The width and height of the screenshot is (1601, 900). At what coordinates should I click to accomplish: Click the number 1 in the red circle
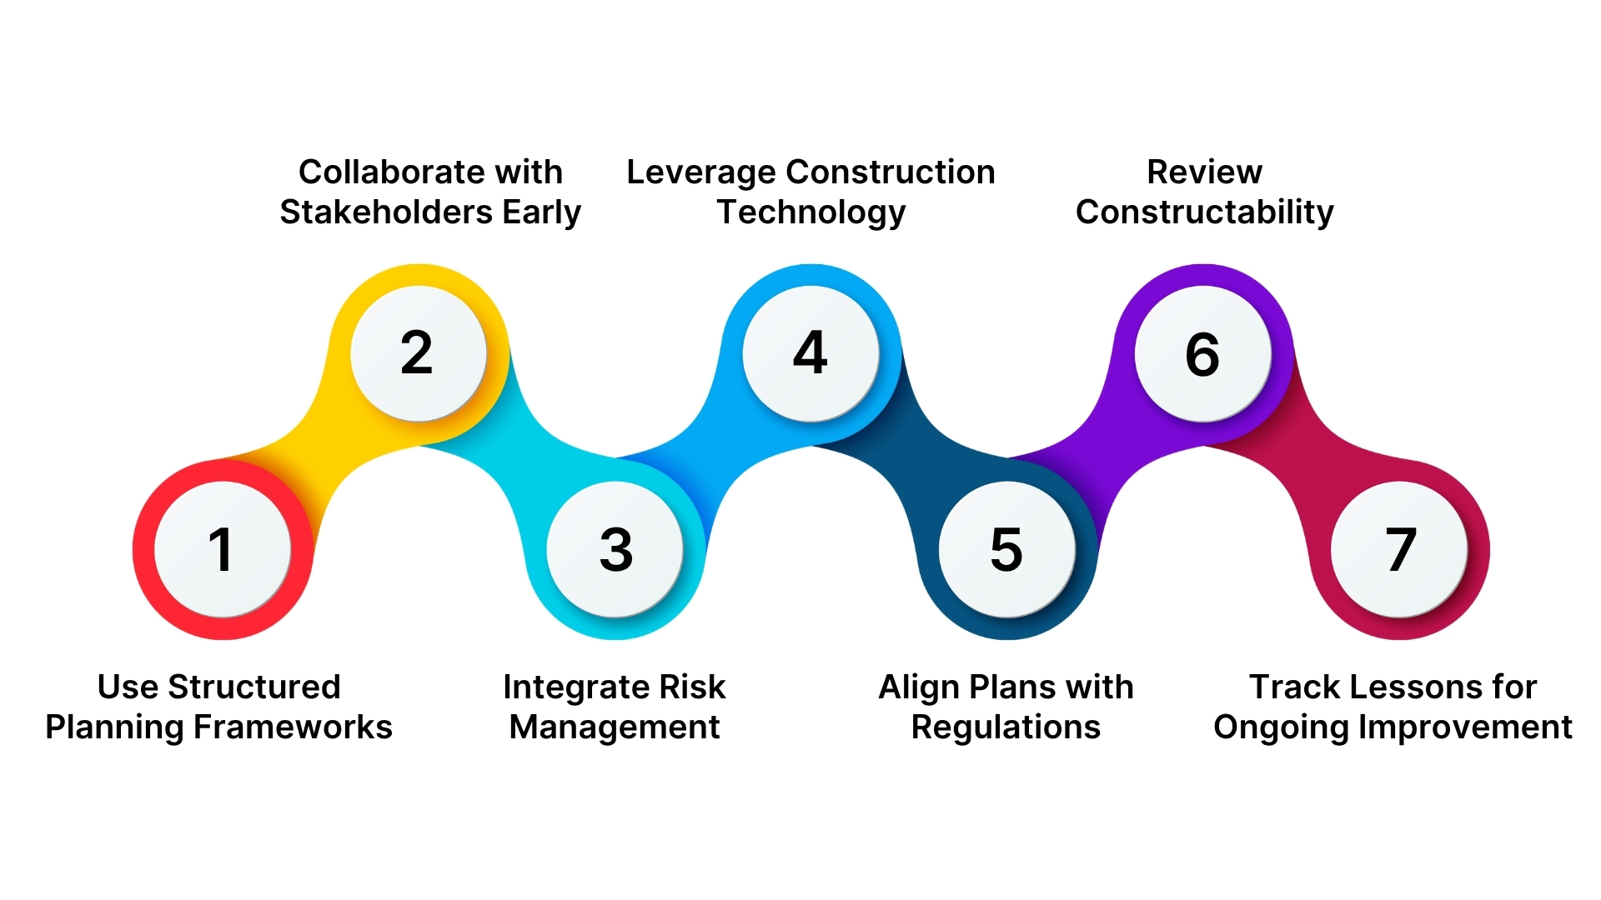click(x=221, y=550)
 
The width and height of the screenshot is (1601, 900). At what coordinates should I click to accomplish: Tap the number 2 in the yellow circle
click(x=417, y=353)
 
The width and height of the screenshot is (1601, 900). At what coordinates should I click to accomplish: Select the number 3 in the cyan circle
click(x=616, y=550)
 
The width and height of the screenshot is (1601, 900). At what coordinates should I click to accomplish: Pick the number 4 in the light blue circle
click(x=810, y=353)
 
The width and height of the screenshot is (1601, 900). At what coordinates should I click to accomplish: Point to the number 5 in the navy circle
click(x=1006, y=550)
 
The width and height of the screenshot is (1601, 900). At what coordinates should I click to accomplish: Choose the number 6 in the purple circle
click(x=1202, y=354)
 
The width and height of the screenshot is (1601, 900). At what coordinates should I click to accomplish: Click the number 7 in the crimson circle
click(x=1401, y=550)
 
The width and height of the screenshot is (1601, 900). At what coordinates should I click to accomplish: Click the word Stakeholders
click(x=386, y=212)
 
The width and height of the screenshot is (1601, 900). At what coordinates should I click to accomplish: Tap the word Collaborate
click(x=391, y=172)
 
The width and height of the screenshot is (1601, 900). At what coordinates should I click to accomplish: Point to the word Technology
click(x=811, y=213)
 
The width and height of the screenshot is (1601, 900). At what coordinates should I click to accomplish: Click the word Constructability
click(x=1204, y=212)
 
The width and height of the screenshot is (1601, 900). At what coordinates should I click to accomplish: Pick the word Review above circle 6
click(x=1204, y=172)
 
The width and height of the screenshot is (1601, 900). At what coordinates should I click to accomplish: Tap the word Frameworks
click(x=293, y=727)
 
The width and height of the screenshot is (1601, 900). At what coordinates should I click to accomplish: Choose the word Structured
click(x=253, y=687)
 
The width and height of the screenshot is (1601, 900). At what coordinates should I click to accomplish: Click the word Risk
click(x=692, y=687)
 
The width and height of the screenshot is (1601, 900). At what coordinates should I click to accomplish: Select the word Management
click(x=615, y=727)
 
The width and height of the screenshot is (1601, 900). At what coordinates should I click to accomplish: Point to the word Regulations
click(x=1006, y=727)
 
